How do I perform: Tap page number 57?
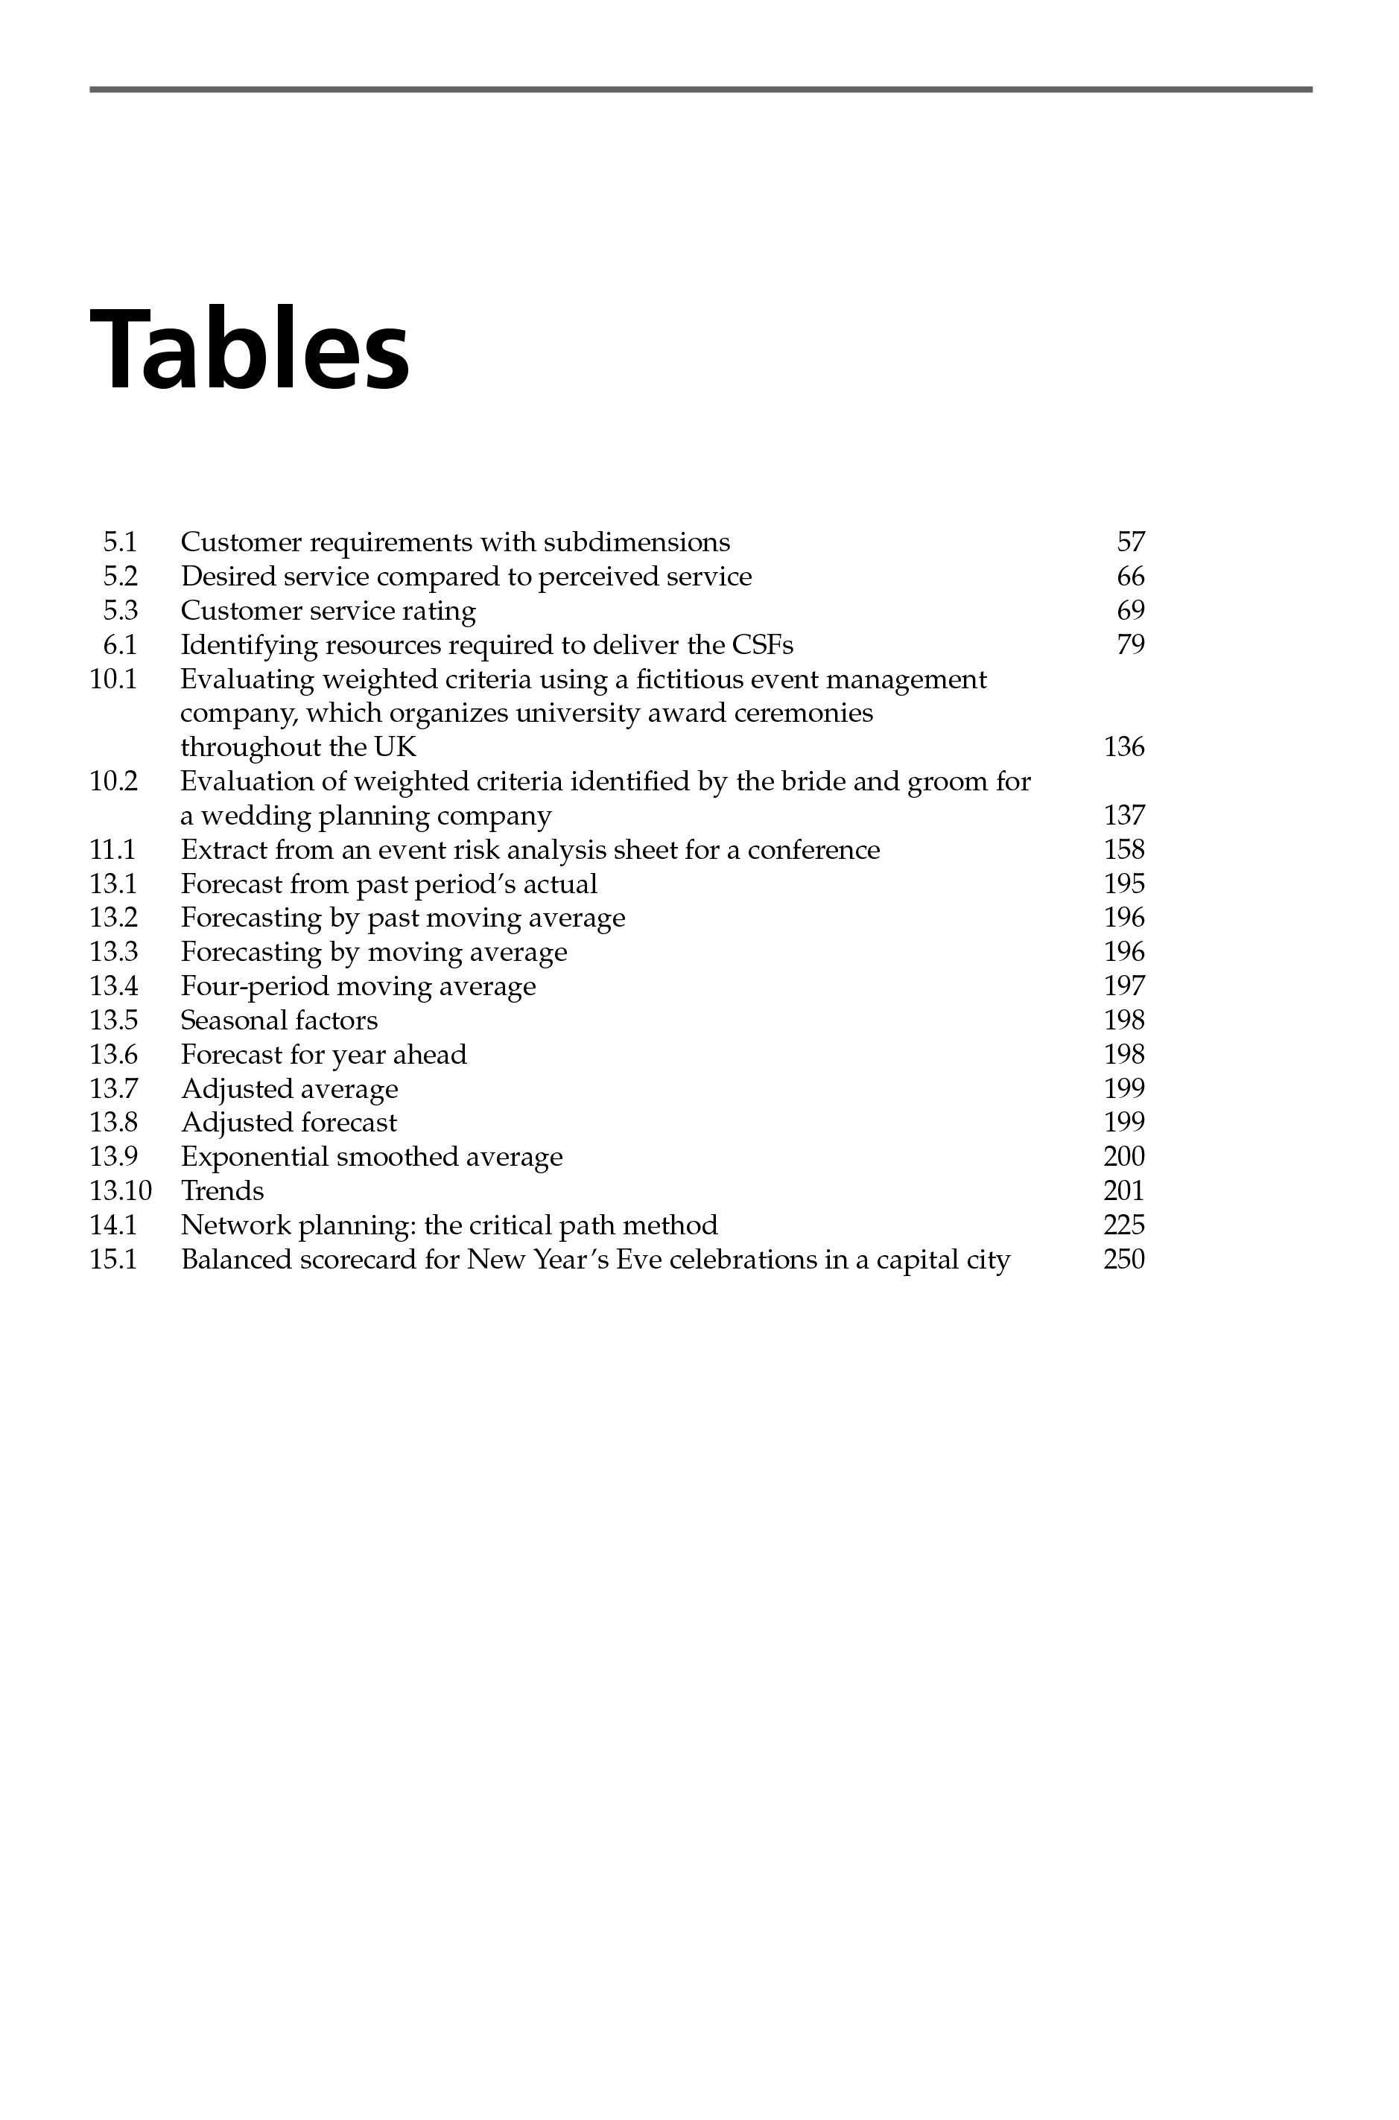(x=1129, y=542)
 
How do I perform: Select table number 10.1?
(x=113, y=679)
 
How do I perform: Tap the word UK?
(x=396, y=747)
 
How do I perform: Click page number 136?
(x=1123, y=747)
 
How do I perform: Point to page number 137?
(x=1123, y=816)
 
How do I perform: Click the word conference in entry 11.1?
(x=813, y=849)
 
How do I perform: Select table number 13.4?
(x=113, y=986)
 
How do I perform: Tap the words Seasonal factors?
(x=279, y=1020)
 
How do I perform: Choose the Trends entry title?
(x=222, y=1191)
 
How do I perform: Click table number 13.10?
(x=121, y=1191)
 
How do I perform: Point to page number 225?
(x=1123, y=1225)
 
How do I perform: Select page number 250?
(x=1123, y=1260)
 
